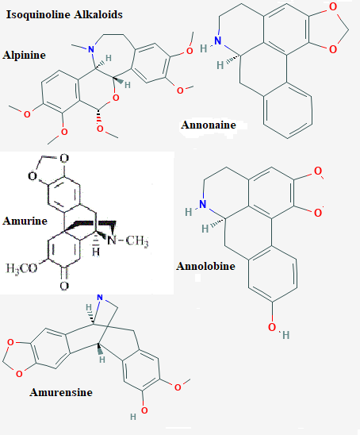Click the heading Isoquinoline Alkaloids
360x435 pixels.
click(x=64, y=15)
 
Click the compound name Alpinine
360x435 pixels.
click(x=24, y=55)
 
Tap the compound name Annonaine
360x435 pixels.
click(x=209, y=125)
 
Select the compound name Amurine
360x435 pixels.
click(x=25, y=221)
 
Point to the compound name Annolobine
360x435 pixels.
click(x=205, y=266)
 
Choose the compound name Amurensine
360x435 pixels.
click(x=61, y=392)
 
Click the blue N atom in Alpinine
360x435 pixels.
click(x=91, y=50)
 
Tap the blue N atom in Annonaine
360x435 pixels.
click(x=218, y=40)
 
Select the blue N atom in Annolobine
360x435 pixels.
click(x=203, y=204)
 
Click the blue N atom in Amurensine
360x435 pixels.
click(x=100, y=298)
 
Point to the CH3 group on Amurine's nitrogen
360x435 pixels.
click(x=137, y=241)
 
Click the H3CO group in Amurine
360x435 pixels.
click(x=21, y=268)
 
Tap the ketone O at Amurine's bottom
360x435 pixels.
click(x=64, y=286)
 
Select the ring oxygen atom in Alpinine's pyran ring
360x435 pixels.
click(x=116, y=98)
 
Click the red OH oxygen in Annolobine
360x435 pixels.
click(x=272, y=327)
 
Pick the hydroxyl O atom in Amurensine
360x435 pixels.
click(x=144, y=410)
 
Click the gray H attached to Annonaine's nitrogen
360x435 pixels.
click(x=204, y=48)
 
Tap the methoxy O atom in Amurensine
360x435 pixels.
click(x=178, y=387)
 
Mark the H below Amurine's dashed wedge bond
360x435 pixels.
click(x=96, y=252)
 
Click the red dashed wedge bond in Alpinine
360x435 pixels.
click(x=99, y=117)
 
